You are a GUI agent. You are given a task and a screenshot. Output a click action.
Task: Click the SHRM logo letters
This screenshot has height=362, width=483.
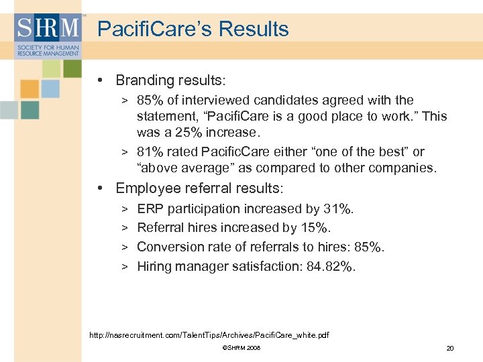pyautogui.click(x=48, y=28)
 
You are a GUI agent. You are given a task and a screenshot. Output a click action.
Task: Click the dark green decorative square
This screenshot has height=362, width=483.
pyautogui.click(x=72, y=68)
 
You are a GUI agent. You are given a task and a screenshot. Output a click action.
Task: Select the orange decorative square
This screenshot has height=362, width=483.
pyautogui.click(x=30, y=88)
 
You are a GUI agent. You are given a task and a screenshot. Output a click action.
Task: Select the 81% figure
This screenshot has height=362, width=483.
pyautogui.click(x=149, y=152)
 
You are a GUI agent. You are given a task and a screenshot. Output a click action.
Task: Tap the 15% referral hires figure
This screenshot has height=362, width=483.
pyautogui.click(x=316, y=228)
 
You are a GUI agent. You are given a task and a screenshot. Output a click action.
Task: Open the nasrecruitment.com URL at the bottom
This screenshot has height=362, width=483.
pyautogui.click(x=209, y=335)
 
